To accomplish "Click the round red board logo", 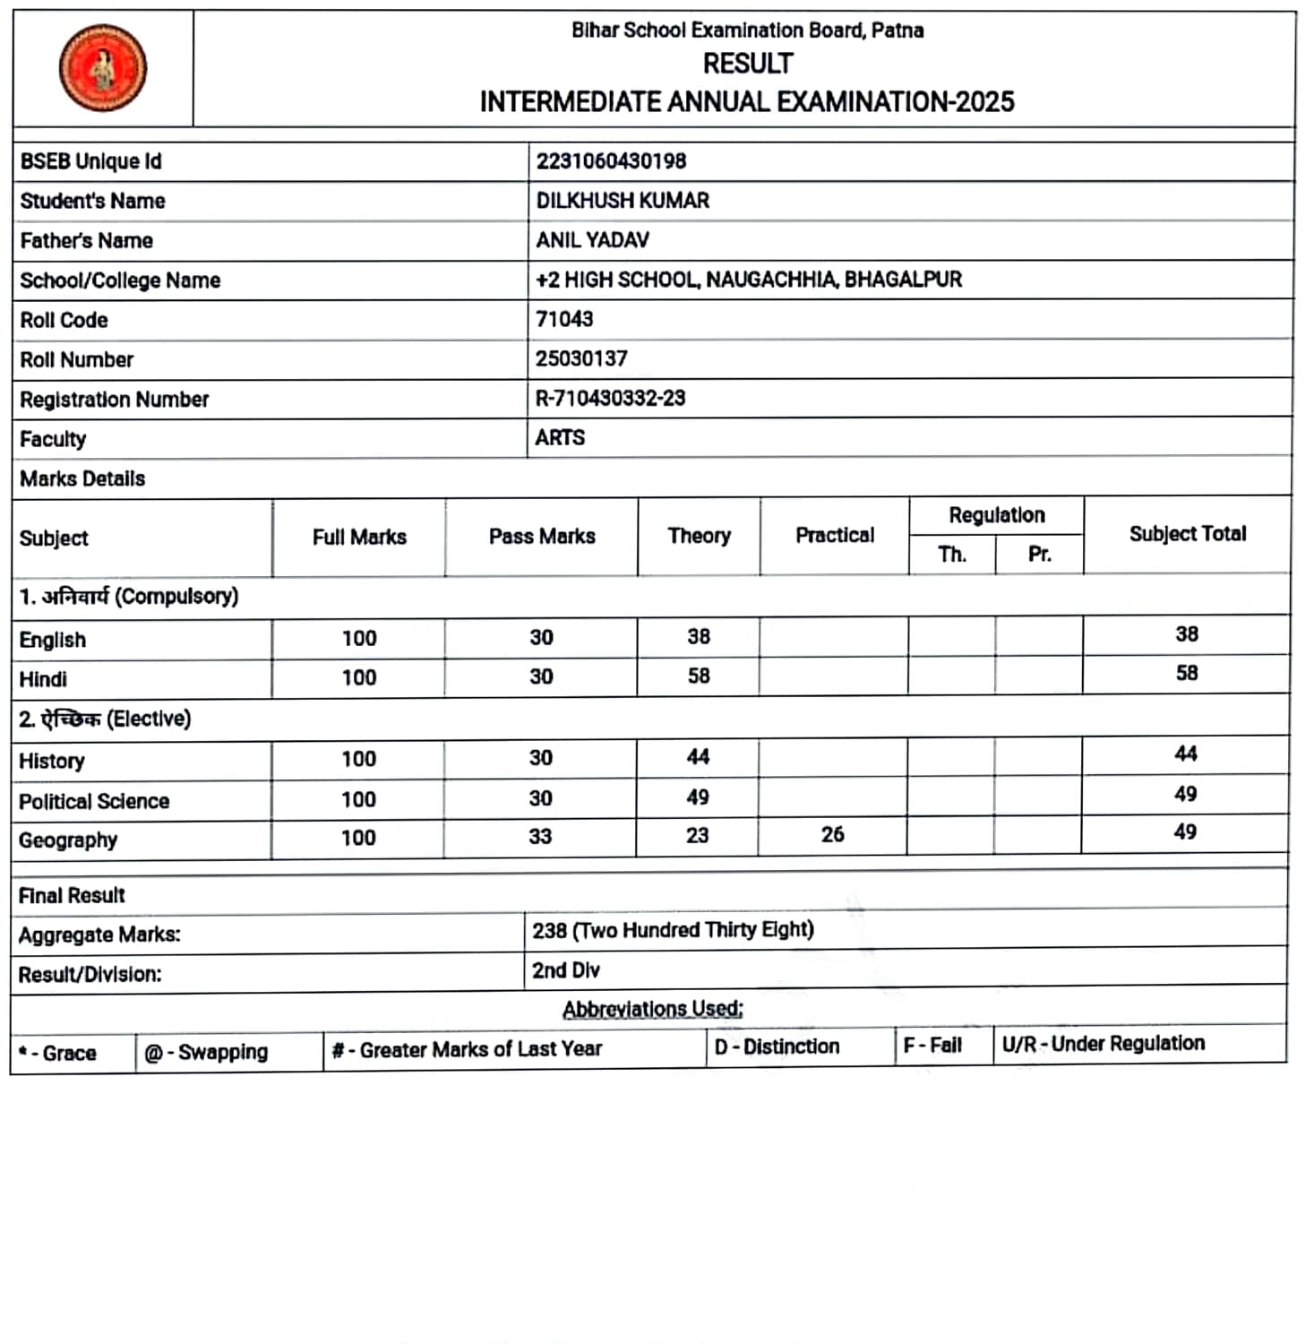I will pos(103,68).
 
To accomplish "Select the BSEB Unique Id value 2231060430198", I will pos(611,161).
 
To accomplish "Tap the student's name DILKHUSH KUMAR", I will pos(623,201).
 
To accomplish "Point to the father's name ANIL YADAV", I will pos(592,240).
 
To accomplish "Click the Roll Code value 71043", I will pos(564,319).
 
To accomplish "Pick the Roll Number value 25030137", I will pos(581,358).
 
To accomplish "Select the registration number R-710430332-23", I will pos(610,398).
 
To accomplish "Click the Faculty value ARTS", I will pos(560,437).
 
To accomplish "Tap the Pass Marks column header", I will pos(542,536).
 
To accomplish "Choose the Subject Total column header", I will pos(1187,534).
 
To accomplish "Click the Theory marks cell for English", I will pos(699,636).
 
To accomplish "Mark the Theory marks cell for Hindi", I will pos(699,676).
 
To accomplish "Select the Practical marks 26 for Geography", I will pos(833,834).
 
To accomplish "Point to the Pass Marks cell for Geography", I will pos(540,836).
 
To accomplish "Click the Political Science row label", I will pos(94,801).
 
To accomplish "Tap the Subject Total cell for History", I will pos(1186,754).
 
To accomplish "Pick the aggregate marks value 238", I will pos(549,931).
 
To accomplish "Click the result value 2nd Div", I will pos(566,970).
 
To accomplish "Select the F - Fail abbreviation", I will pos(932,1045).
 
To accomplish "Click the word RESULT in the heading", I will pos(748,64).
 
